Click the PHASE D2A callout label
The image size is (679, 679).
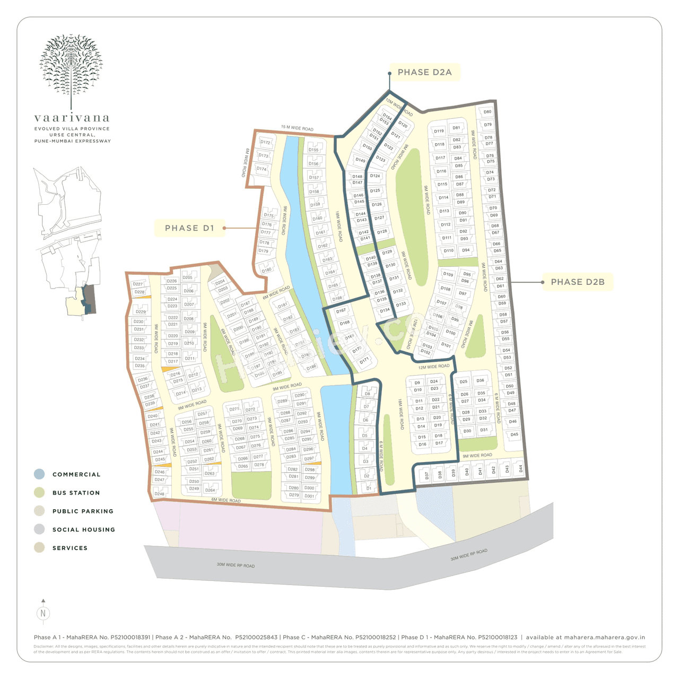click(424, 72)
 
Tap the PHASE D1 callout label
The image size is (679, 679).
click(189, 228)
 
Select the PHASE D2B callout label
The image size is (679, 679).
click(578, 282)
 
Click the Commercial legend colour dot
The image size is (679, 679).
click(39, 474)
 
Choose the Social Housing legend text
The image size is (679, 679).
click(83, 529)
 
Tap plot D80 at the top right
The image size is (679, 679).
click(487, 112)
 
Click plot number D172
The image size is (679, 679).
click(265, 142)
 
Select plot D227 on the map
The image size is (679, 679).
click(138, 284)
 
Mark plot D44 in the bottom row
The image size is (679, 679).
click(520, 469)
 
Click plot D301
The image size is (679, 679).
click(309, 496)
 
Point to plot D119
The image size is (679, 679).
click(439, 131)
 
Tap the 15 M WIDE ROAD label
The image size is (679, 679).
click(297, 128)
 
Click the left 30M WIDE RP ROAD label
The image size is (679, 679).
click(236, 565)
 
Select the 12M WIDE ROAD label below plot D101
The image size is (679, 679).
click(433, 367)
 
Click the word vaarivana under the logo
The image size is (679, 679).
click(72, 118)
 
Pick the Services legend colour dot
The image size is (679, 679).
click(39, 547)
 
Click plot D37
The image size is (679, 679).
click(426, 476)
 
